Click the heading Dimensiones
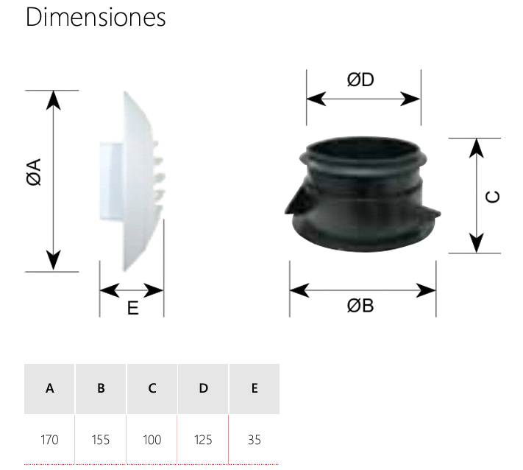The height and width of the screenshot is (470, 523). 96,17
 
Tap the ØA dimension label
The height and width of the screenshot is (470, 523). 34,172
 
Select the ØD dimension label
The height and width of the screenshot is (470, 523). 360,80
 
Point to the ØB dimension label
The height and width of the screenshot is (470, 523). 360,306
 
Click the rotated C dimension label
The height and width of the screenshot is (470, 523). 493,197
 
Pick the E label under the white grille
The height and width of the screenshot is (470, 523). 132,308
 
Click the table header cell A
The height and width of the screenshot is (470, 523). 50,388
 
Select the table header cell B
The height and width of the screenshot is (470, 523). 101,388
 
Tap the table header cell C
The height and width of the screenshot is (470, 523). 152,388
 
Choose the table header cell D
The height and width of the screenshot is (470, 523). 203,388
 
